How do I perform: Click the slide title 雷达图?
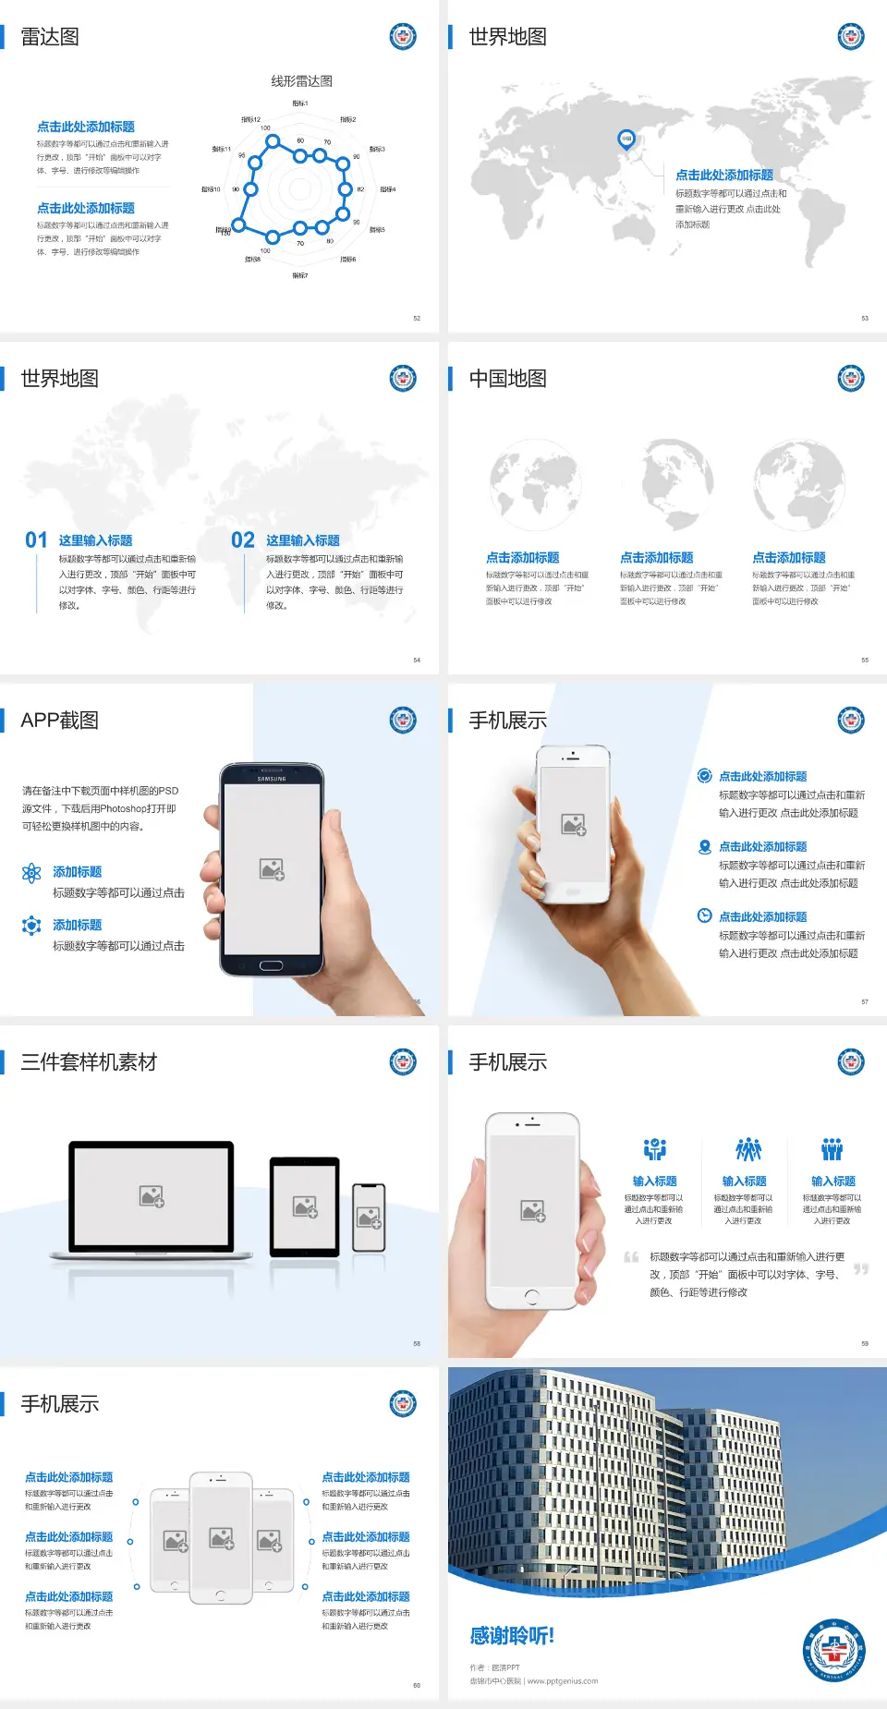pyautogui.click(x=50, y=37)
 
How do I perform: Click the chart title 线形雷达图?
pyautogui.click(x=301, y=81)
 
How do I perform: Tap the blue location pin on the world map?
pyautogui.click(x=626, y=139)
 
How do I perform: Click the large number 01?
pyautogui.click(x=36, y=540)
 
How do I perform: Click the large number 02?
pyautogui.click(x=243, y=540)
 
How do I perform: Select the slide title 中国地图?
pyautogui.click(x=507, y=379)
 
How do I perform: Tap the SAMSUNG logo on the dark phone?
pyautogui.click(x=272, y=779)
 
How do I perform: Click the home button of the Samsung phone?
pyautogui.click(x=271, y=965)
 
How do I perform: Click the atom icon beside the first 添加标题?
pyautogui.click(x=31, y=873)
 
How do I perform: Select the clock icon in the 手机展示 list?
pyautogui.click(x=704, y=915)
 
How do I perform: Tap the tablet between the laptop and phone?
pyautogui.click(x=304, y=1206)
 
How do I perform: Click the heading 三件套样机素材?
pyautogui.click(x=89, y=1062)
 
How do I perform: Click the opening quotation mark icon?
pyautogui.click(x=631, y=1257)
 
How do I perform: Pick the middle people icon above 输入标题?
pyautogui.click(x=747, y=1149)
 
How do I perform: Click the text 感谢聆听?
pyautogui.click(x=512, y=1636)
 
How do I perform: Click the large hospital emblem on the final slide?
pyautogui.click(x=833, y=1650)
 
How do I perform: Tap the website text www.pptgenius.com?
pyautogui.click(x=563, y=1681)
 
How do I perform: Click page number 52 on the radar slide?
pyautogui.click(x=417, y=319)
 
